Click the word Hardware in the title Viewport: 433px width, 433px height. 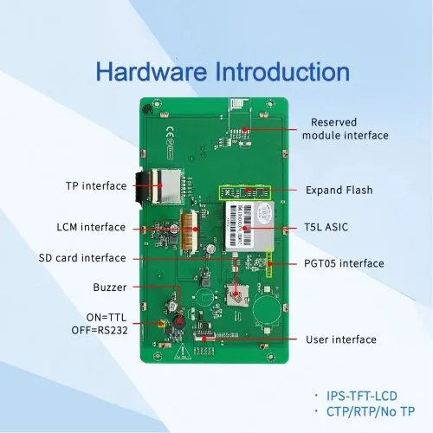click(152, 71)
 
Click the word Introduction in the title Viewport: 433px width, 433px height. click(282, 71)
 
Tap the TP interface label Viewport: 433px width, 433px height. click(96, 186)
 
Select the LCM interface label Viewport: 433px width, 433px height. click(91, 227)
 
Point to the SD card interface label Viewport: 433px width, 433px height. click(82, 258)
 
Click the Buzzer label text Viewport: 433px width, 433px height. click(110, 288)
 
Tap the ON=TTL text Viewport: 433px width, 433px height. click(107, 318)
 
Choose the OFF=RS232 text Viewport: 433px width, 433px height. click(100, 330)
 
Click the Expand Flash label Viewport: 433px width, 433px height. click(339, 190)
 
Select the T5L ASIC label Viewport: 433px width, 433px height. click(326, 227)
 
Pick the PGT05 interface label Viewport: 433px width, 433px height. click(344, 263)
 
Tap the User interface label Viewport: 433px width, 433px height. click(341, 339)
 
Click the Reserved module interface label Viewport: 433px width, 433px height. click(346, 129)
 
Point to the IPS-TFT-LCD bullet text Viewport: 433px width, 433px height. click(362, 396)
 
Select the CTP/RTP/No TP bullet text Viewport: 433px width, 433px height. click(371, 411)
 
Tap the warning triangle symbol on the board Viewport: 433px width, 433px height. click(182, 352)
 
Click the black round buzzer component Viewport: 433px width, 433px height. click(179, 320)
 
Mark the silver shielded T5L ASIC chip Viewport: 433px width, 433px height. click(249, 226)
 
